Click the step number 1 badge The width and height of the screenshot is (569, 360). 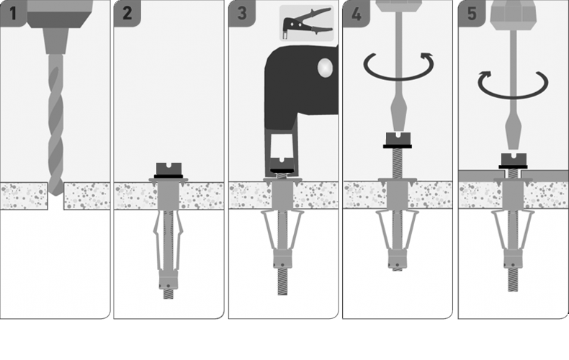pyautogui.click(x=13, y=14)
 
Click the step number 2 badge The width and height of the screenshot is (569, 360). pyautogui.click(x=127, y=14)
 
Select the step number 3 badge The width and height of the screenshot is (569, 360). pyautogui.click(x=242, y=14)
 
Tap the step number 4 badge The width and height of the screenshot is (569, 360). pyautogui.click(x=356, y=14)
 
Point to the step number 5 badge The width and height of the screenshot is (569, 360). pyautogui.click(x=471, y=14)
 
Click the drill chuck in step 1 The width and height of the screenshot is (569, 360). pyautogui.click(x=55, y=40)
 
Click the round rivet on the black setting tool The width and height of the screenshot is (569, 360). pyautogui.click(x=325, y=68)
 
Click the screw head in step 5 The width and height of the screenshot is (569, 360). pyautogui.click(x=513, y=161)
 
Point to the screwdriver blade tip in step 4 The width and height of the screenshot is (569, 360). pyautogui.click(x=398, y=127)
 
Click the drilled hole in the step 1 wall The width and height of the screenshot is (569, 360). pyautogui.click(x=55, y=196)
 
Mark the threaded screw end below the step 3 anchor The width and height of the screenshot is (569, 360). pyautogui.click(x=282, y=282)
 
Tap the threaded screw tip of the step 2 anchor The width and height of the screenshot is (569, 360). pyautogui.click(x=168, y=293)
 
